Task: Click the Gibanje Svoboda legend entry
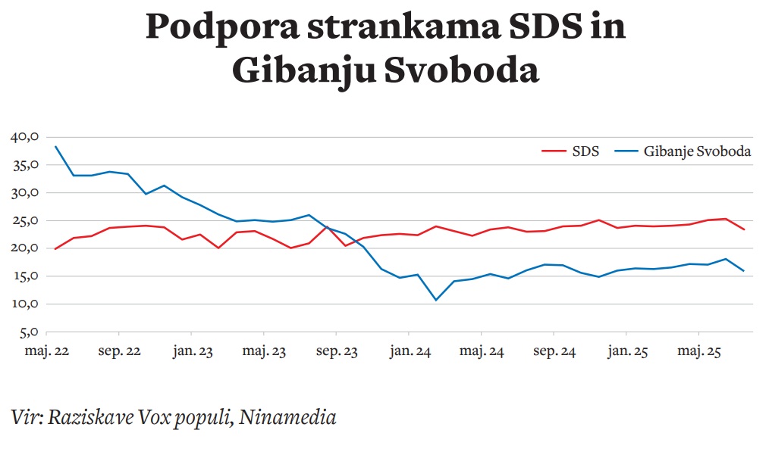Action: (683, 151)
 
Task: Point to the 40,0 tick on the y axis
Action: (25, 137)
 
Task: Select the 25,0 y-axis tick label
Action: (25, 221)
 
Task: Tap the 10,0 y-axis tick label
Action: (25, 304)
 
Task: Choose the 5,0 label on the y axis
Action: (28, 332)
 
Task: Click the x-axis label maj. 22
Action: (47, 352)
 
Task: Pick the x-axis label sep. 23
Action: (336, 352)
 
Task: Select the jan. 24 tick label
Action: (409, 352)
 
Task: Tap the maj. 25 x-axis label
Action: (698, 352)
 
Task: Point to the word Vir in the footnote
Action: (26, 417)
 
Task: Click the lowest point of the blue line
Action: (436, 300)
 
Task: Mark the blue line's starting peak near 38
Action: (55, 146)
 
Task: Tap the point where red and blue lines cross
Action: (327, 227)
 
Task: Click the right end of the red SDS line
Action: (744, 229)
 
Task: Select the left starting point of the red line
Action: (55, 248)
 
